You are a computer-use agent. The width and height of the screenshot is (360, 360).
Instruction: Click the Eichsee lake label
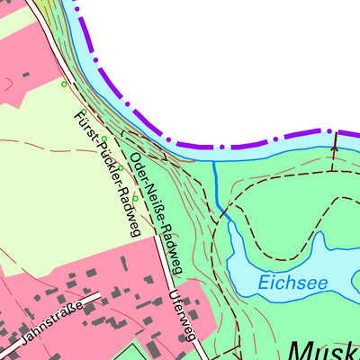(293, 282)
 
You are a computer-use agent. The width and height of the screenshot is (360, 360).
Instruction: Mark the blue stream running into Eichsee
(217, 189)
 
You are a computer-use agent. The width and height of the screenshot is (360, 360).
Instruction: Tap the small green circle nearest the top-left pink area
(64, 84)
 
